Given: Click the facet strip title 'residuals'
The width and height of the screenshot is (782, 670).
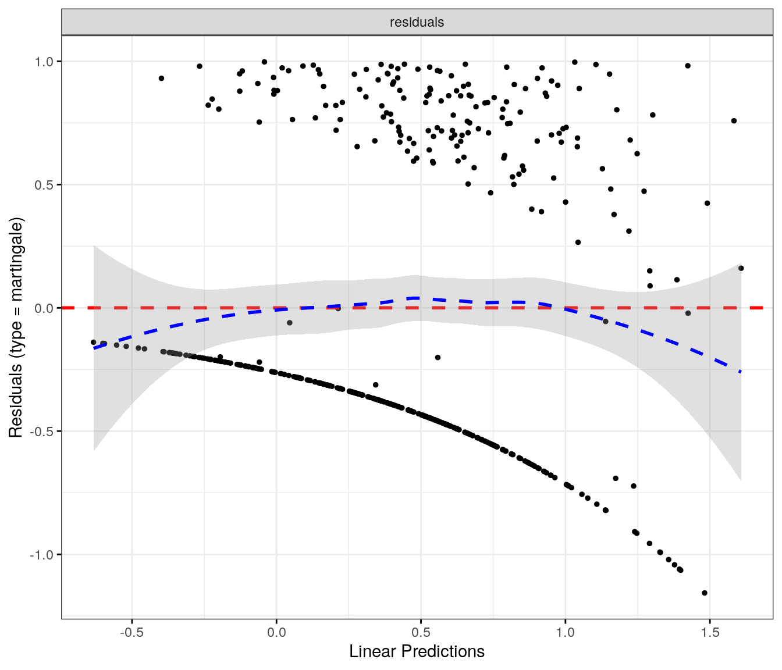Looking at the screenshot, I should pos(417,23).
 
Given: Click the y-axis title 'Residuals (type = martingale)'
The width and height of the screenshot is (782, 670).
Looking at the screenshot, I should pos(16,327).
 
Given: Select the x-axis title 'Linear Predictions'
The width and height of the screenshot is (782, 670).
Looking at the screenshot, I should pos(417,651).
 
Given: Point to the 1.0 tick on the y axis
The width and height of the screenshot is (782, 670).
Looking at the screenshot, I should pos(44,62).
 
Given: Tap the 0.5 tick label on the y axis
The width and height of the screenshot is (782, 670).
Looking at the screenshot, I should pos(44,185).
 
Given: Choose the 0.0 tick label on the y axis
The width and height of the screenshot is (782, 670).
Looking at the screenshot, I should pos(44,308).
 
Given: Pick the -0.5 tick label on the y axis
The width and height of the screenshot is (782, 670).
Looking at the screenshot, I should pos(42,432).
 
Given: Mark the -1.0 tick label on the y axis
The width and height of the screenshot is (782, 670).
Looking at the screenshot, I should pos(42,555).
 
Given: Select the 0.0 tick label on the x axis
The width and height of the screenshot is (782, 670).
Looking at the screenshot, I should pos(276,632).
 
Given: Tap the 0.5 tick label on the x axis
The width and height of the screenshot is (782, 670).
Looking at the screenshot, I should pos(421,632).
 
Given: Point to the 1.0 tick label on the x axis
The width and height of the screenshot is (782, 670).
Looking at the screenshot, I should pos(566,632).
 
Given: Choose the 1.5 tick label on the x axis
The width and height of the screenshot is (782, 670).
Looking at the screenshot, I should pos(710,632).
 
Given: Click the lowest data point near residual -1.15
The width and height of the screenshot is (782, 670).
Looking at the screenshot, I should pos(705,593).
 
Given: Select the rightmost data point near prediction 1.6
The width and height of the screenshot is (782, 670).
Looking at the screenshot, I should pos(741,268).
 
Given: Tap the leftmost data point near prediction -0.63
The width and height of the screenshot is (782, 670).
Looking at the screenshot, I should pos(93,343).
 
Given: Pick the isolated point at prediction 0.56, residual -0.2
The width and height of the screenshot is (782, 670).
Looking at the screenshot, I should pos(438,358).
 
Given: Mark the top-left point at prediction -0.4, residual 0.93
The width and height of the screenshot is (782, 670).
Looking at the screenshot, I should pos(161,78).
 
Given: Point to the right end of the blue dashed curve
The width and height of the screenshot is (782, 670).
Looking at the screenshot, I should pos(740,371).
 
